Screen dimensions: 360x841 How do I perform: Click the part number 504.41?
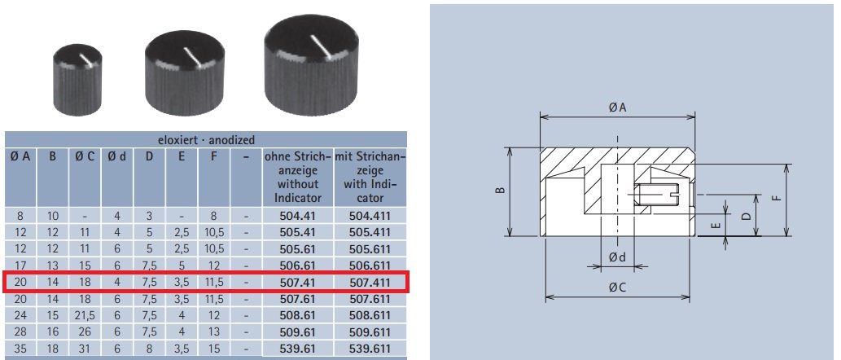(x=297, y=216)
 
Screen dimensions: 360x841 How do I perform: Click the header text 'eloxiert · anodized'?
(x=206, y=140)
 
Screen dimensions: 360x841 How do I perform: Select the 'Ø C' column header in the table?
(x=85, y=155)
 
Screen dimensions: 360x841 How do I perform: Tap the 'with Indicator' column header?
(x=370, y=175)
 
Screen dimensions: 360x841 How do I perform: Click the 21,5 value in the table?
(x=85, y=316)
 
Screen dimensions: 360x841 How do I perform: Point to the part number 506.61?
(x=297, y=266)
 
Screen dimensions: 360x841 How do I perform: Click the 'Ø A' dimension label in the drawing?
(x=618, y=108)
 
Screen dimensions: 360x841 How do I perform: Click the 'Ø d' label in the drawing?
(x=618, y=258)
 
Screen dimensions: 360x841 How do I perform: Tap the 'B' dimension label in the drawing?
(x=500, y=191)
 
